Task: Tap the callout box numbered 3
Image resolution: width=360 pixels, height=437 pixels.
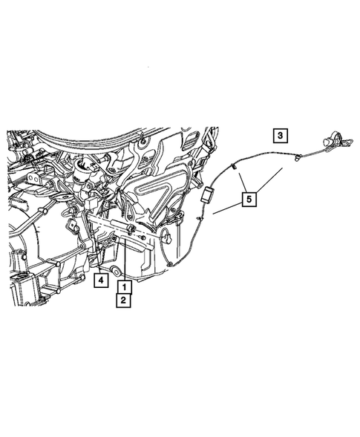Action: [279, 136]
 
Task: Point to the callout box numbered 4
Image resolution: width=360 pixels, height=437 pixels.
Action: [99, 280]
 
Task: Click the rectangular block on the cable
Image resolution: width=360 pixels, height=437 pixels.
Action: [208, 197]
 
